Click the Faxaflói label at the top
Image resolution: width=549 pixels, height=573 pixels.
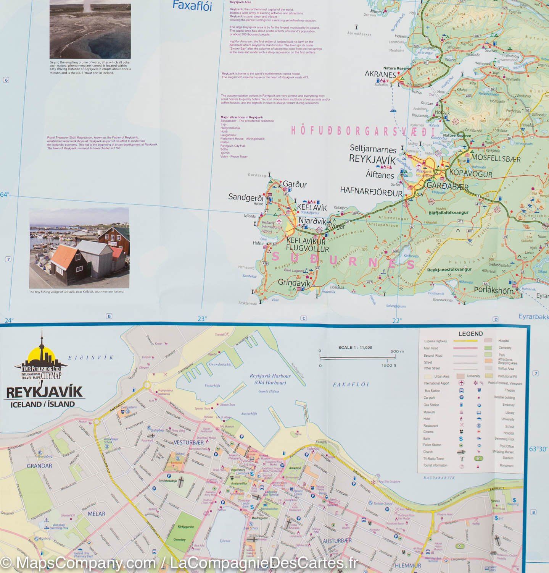[192, 6]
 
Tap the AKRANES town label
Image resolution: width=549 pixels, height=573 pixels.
[380, 74]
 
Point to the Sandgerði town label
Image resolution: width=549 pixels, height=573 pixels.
[246, 197]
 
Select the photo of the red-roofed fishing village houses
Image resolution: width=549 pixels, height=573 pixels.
[79, 248]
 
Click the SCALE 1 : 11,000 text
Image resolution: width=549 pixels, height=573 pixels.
[355, 348]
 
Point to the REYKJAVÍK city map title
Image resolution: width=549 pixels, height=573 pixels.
[44, 392]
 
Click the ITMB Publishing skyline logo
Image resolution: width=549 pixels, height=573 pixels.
[41, 357]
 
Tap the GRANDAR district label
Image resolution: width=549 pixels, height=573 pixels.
[39, 466]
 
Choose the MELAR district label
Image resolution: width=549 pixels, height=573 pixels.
[96, 514]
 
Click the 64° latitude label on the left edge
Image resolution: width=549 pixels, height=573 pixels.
[4, 195]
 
